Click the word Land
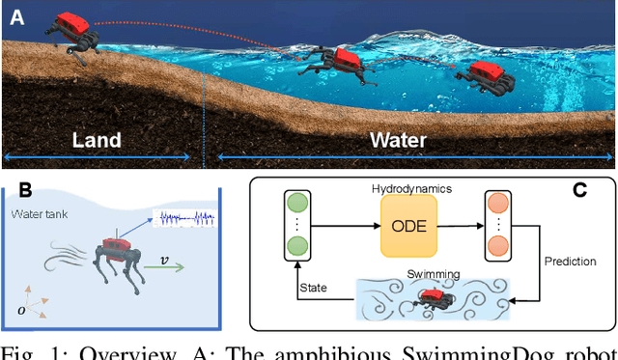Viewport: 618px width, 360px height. (x=98, y=140)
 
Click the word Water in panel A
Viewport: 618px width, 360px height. (x=398, y=140)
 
